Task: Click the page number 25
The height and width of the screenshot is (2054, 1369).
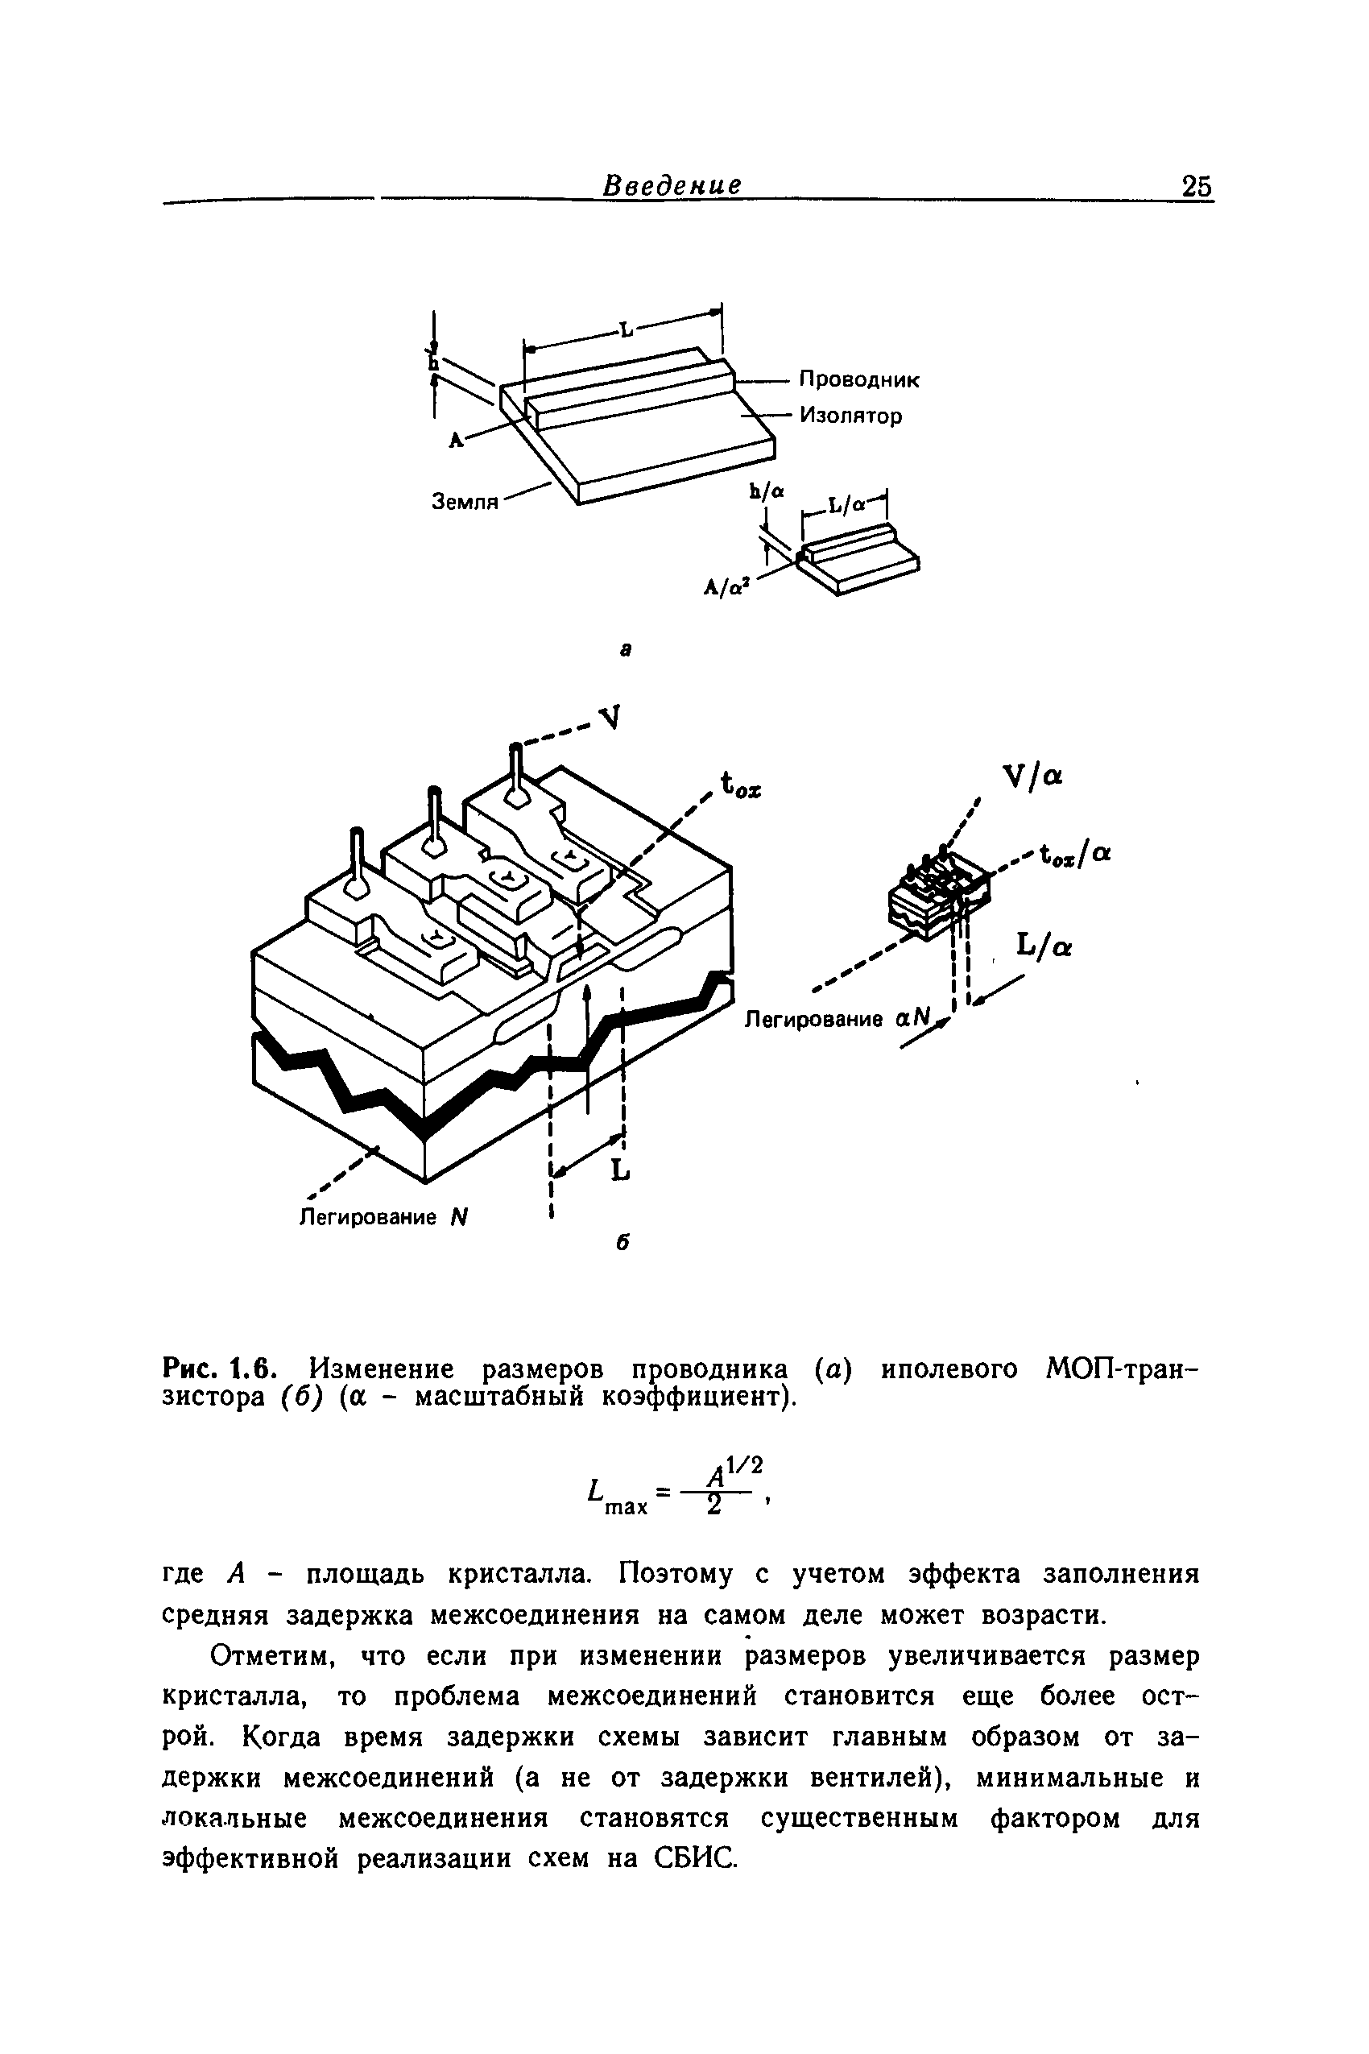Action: tap(1196, 187)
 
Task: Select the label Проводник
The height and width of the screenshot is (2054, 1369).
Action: tap(860, 380)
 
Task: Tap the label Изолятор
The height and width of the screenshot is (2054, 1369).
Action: tap(850, 416)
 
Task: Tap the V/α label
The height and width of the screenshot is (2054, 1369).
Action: tap(1033, 776)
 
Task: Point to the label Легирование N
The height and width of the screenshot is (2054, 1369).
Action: tap(384, 1216)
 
